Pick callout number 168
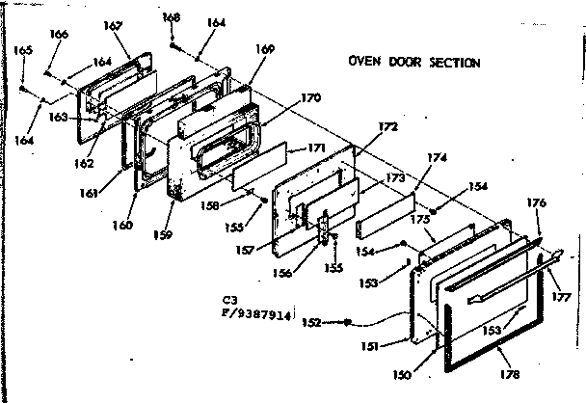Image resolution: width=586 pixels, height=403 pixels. [x=171, y=16]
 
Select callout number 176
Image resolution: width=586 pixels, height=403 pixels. [x=537, y=202]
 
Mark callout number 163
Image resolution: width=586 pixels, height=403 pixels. [x=58, y=118]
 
